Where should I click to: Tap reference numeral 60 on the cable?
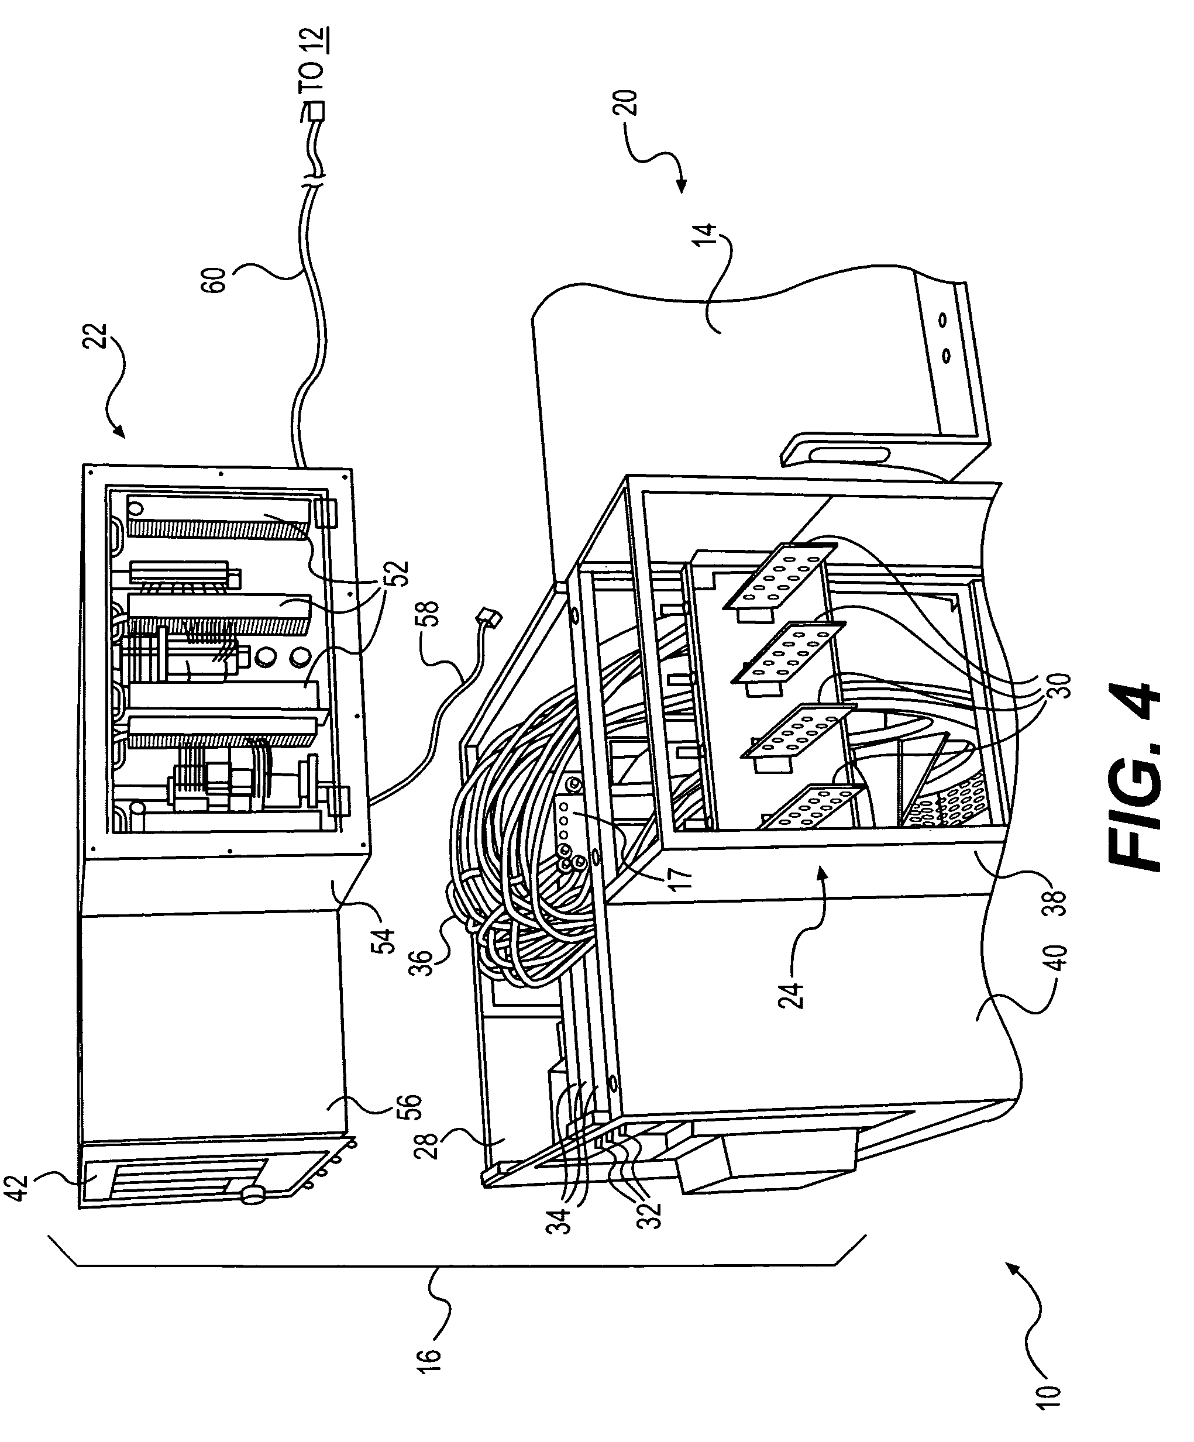(217, 280)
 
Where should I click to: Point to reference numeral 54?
(386, 941)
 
